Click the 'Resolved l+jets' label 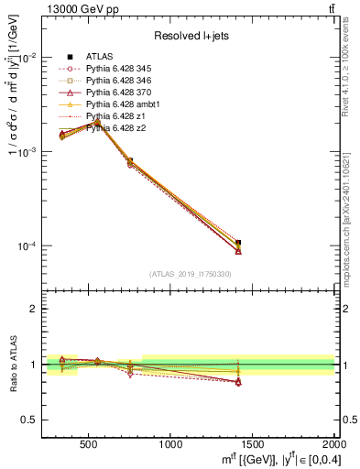189,36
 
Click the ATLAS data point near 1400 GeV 238,243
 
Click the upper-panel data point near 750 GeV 130,161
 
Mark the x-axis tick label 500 90,444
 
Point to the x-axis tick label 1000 171,444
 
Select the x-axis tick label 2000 333,444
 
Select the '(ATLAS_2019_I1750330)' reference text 189,274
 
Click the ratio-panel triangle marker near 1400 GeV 238,382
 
